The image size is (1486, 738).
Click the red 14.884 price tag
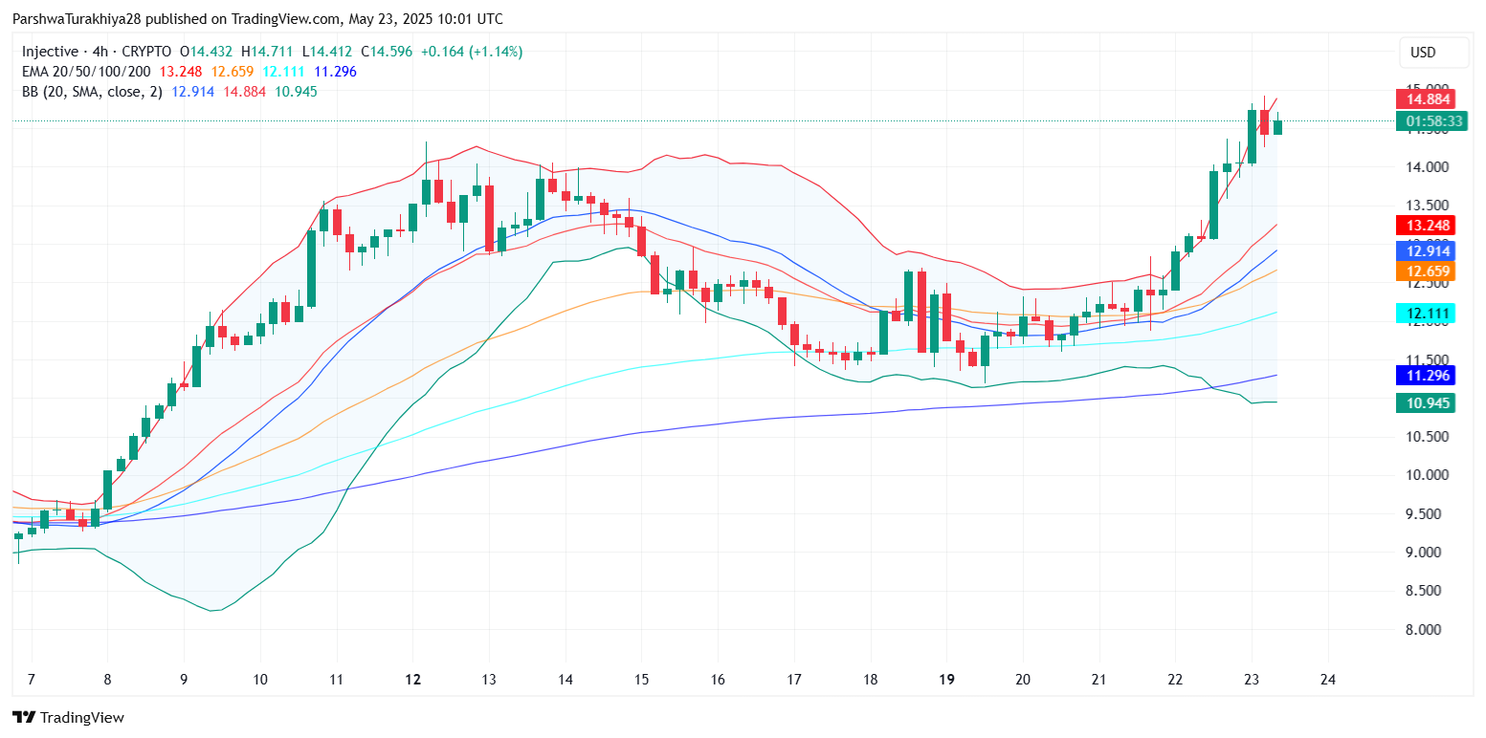1426,98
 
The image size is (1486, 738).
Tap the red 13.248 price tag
1426,226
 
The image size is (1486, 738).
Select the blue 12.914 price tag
1426,250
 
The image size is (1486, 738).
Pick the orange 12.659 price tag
1426,271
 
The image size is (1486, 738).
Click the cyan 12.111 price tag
1426,314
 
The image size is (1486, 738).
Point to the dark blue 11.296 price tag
1426,376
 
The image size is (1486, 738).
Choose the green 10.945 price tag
1426,403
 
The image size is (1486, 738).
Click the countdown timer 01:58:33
1430,121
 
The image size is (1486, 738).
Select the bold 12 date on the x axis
413,680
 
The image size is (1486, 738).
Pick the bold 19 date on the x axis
946,680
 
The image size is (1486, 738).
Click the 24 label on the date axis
1327,680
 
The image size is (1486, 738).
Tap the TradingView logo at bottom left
69,717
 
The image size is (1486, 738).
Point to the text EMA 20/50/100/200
87,72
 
